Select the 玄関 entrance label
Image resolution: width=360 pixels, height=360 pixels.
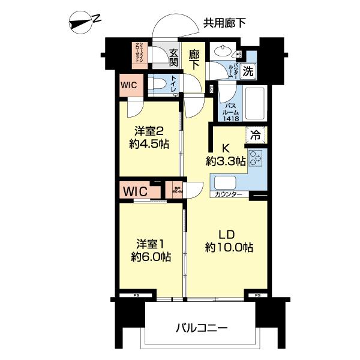[174, 58]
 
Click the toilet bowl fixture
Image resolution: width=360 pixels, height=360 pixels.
[158, 85]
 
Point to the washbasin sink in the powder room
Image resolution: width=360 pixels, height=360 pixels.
[227, 50]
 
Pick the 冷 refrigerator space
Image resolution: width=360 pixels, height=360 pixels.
[256, 136]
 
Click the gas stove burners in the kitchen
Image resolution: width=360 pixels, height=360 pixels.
[256, 158]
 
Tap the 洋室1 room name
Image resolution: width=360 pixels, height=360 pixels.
[150, 244]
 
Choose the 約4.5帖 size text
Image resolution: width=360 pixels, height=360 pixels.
[149, 143]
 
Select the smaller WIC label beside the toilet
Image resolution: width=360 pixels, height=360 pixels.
[130, 85]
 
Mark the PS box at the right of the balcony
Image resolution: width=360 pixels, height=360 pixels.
[257, 296]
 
